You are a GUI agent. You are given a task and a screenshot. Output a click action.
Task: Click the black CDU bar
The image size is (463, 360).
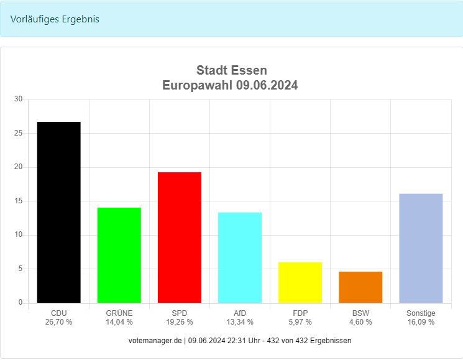[58, 212]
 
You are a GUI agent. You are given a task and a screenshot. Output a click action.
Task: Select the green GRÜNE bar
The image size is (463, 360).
[119, 255]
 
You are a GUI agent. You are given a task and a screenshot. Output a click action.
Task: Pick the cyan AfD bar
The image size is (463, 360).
[239, 257]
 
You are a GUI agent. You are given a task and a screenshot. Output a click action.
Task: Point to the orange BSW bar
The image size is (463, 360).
[360, 287]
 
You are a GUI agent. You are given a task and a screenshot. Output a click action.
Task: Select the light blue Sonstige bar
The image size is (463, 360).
[421, 248]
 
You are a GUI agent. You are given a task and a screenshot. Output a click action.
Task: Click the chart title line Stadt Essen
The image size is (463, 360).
[231, 70]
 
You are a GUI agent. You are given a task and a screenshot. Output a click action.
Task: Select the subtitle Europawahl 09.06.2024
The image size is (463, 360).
[230, 86]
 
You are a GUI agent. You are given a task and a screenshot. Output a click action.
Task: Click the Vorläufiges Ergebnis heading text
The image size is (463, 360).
[55, 19]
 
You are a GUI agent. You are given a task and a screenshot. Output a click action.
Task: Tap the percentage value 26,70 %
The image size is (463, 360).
[58, 322]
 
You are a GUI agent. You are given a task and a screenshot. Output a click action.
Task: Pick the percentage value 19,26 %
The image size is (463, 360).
[179, 322]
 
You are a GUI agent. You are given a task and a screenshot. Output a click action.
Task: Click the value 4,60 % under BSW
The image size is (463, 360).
[360, 322]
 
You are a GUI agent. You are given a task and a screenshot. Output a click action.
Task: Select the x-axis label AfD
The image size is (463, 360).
[239, 313]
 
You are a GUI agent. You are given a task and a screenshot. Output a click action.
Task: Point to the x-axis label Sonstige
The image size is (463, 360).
[421, 313]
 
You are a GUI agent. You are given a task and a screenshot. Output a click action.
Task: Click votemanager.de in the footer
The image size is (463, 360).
[155, 341]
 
